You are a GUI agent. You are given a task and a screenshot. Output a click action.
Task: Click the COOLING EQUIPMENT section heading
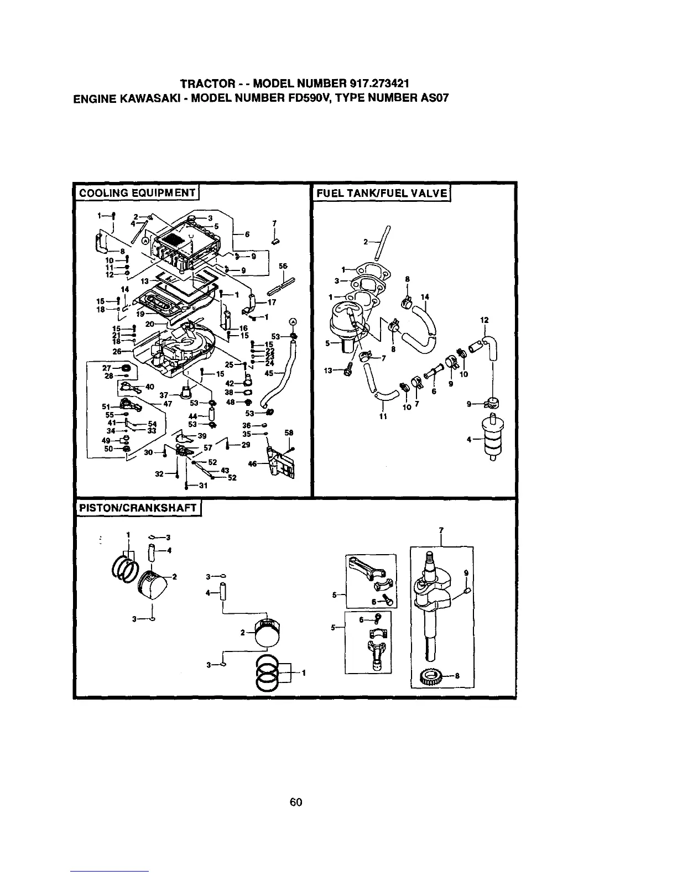[137, 193]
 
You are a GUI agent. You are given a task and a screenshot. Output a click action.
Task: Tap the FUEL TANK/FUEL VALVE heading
[382, 193]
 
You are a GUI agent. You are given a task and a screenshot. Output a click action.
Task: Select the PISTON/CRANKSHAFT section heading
[137, 508]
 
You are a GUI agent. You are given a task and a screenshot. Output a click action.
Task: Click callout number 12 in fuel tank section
[485, 320]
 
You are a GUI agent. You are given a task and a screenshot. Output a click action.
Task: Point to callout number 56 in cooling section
[283, 266]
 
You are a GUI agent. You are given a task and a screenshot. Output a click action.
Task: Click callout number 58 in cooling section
[289, 432]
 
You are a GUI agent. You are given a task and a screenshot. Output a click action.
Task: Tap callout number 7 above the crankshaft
[441, 530]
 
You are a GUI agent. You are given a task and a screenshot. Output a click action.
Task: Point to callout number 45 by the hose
[269, 373]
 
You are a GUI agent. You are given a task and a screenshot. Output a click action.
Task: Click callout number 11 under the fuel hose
[382, 417]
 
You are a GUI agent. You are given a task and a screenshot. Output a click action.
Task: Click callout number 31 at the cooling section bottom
[202, 486]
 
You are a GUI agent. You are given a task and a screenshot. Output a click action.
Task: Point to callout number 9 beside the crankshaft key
[466, 573]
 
